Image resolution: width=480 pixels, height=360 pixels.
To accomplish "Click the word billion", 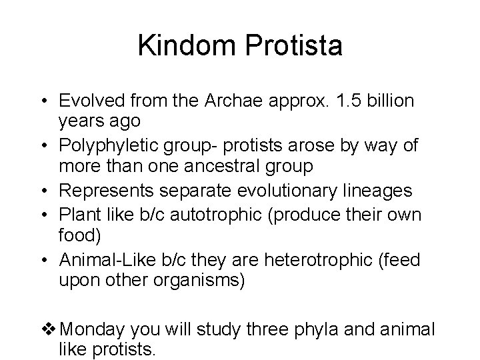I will [x=392, y=101].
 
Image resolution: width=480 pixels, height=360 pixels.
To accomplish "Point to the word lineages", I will [x=381, y=191].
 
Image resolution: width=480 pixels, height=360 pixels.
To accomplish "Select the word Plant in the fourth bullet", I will [x=78, y=214].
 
